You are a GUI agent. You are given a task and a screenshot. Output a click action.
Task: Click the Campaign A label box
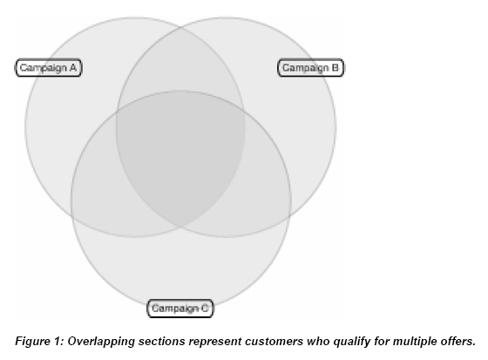(49, 68)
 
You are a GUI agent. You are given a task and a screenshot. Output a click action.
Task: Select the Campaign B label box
(310, 68)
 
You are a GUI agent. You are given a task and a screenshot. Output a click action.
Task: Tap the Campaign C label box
(180, 309)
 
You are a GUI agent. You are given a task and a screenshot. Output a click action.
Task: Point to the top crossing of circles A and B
(181, 27)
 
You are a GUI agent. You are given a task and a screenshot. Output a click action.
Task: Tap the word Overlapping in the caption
(101, 342)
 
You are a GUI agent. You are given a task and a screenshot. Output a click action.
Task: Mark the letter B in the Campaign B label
(335, 67)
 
